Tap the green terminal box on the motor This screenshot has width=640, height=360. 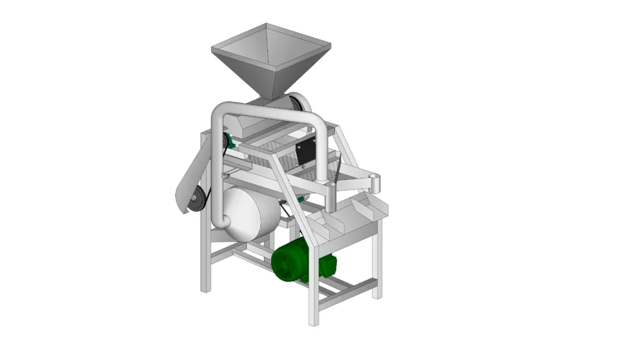[x=328, y=265]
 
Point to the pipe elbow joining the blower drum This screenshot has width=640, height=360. [x=221, y=220]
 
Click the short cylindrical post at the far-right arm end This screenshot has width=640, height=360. [x=376, y=184]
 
